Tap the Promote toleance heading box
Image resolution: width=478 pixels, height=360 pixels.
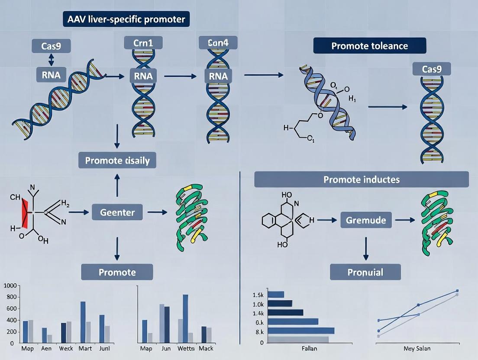[x=369, y=45]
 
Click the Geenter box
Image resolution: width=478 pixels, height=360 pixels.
[x=117, y=212]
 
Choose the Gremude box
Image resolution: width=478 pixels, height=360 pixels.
[x=366, y=220]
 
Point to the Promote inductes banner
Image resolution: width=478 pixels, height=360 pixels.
[x=362, y=179]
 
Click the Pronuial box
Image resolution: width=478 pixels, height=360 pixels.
[x=365, y=272]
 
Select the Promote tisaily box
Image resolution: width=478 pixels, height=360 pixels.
[x=117, y=161]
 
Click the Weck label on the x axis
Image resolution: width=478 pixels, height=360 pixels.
[x=66, y=348]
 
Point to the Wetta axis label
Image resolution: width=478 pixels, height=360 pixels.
[x=185, y=348]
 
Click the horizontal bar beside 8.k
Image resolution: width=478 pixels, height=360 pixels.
[x=301, y=331]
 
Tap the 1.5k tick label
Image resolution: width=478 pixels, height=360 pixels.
[x=258, y=295]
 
